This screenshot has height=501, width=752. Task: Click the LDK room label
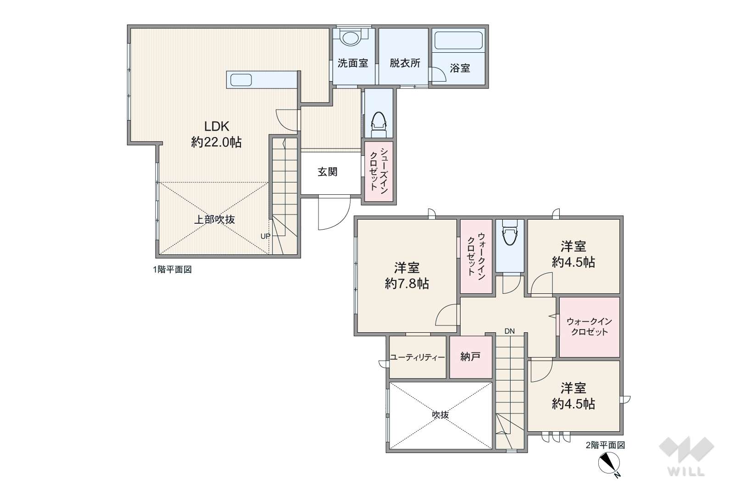point(217,127)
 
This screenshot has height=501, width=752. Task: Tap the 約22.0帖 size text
point(217,142)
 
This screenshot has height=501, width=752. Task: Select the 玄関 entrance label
point(327,172)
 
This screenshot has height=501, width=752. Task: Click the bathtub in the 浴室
point(458,41)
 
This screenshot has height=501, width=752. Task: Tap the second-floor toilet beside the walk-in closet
point(509,233)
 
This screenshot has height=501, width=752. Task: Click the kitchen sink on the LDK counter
point(241,80)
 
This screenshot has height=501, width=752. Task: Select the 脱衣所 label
point(405,63)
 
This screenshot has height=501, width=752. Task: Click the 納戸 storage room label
point(470,357)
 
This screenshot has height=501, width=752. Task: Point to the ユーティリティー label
point(417,358)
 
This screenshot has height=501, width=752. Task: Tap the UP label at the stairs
point(265,236)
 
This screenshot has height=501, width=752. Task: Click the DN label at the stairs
point(509,331)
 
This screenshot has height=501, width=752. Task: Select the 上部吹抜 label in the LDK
point(215,220)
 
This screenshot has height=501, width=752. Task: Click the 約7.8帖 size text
point(407,284)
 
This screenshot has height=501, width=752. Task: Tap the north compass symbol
point(609,464)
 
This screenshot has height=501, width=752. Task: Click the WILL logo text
point(686,472)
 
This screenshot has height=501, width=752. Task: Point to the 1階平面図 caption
point(172,269)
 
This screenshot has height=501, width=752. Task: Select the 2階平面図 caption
point(605,445)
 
